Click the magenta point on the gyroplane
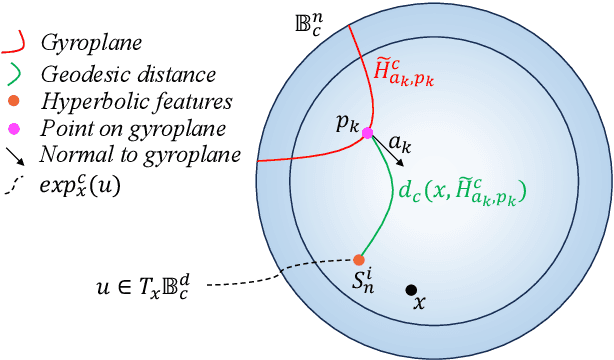click(367, 133)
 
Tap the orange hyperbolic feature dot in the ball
click(359, 260)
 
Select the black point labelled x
click(411, 290)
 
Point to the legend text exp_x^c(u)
click(79, 185)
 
